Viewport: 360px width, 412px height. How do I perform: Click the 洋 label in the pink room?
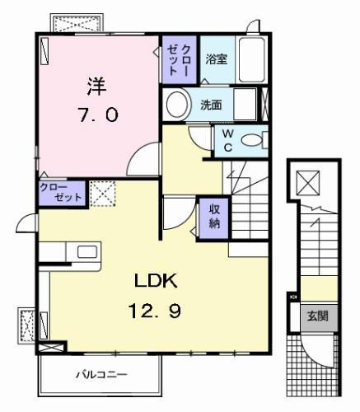pyautogui.click(x=97, y=86)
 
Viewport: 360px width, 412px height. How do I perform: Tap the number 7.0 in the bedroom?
pyautogui.click(x=97, y=115)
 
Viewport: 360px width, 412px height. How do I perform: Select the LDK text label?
pyautogui.click(x=156, y=281)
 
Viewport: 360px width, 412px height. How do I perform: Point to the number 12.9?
pyautogui.click(x=155, y=311)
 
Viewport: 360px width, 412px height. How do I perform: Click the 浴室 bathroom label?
pyautogui.click(x=217, y=59)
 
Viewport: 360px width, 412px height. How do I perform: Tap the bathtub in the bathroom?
pyautogui.click(x=251, y=59)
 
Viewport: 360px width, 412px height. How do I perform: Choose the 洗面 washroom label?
pyautogui.click(x=211, y=105)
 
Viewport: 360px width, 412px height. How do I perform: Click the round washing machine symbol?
pyautogui.click(x=177, y=105)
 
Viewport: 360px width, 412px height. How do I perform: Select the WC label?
pyautogui.click(x=228, y=141)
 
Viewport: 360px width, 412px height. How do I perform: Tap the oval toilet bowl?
pyautogui.click(x=251, y=140)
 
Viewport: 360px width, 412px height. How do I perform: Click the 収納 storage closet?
pyautogui.click(x=214, y=218)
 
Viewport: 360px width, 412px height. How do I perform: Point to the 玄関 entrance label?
pyautogui.click(x=318, y=316)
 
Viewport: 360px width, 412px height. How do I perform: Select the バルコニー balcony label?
pyautogui.click(x=101, y=374)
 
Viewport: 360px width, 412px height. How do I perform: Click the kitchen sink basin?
pyautogui.click(x=87, y=252)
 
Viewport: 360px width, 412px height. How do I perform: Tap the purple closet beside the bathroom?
pyautogui.click(x=179, y=59)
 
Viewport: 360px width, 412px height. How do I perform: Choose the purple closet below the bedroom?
pyautogui.click(x=62, y=194)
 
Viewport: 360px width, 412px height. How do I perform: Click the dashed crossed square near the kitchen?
pyautogui.click(x=103, y=194)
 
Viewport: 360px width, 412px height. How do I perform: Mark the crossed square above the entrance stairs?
pyautogui.click(x=309, y=183)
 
